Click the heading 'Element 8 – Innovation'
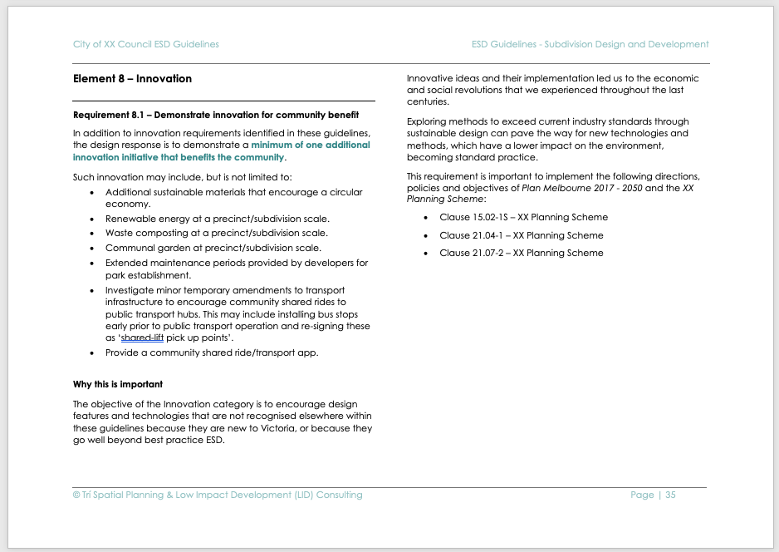coord(132,79)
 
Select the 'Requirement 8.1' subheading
coord(216,115)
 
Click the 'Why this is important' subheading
coord(118,384)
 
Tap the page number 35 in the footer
coord(670,495)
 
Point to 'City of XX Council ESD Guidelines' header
coord(145,44)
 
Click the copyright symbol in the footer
coord(76,495)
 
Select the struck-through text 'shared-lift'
coord(142,338)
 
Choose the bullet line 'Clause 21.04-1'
coord(522,235)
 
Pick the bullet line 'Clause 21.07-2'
coord(522,253)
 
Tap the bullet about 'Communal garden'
coord(213,248)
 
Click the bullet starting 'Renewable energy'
coord(217,219)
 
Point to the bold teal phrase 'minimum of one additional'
coord(311,145)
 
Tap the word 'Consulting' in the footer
coord(340,495)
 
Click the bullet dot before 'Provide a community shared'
coord(92,353)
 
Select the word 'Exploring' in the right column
coord(427,121)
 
